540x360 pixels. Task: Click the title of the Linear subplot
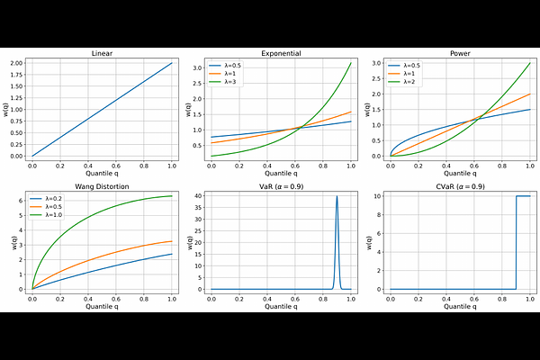point(103,54)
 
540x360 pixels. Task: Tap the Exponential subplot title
point(282,54)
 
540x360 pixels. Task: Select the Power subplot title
point(460,54)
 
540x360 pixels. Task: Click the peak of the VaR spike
point(337,196)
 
